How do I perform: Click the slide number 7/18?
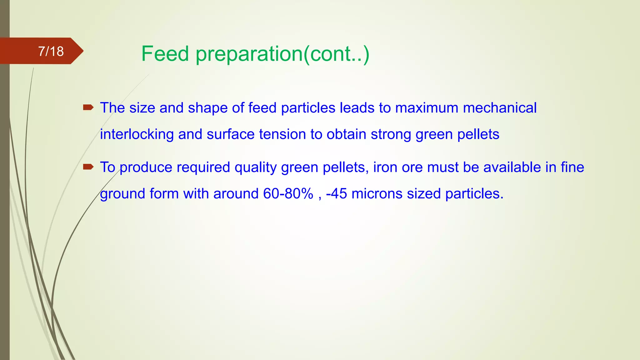point(51,51)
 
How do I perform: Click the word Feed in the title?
point(165,54)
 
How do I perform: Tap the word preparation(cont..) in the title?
point(282,54)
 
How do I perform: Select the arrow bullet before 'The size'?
point(88,108)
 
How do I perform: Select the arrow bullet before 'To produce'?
point(88,167)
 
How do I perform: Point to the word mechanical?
point(500,108)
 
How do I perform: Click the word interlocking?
point(137,134)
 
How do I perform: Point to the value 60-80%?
point(288,194)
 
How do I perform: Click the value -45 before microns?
point(336,194)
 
